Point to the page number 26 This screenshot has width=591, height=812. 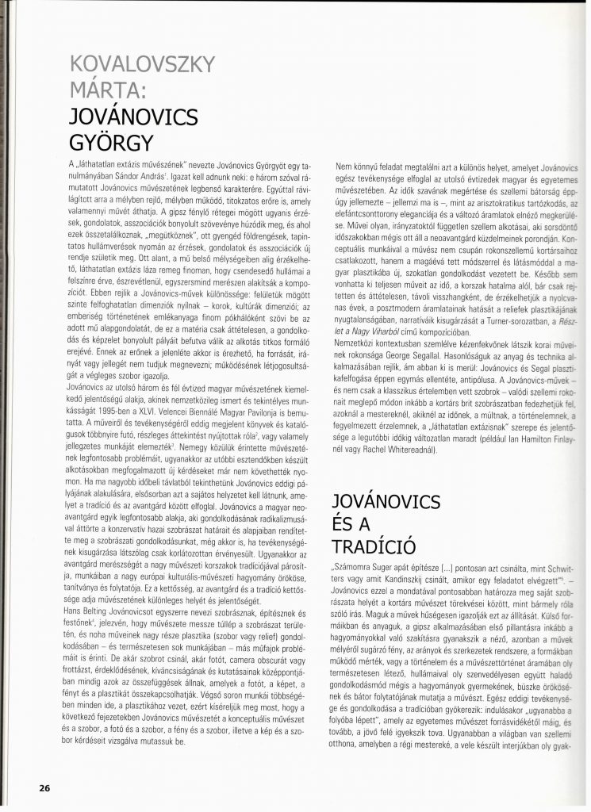(44, 787)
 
